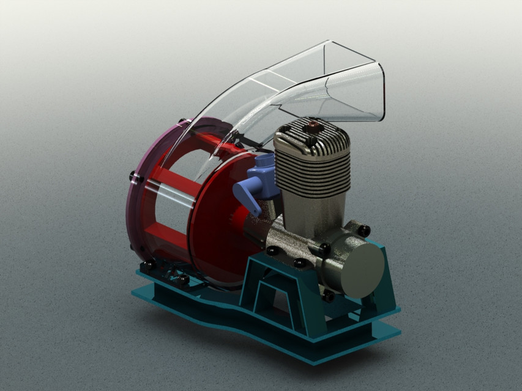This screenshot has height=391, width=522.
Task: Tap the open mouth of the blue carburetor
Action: pos(264,161)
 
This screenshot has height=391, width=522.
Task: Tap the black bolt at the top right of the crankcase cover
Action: pos(365,230)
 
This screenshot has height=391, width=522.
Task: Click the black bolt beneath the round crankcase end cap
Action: pos(329,296)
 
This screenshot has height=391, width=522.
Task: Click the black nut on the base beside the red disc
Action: pos(184,279)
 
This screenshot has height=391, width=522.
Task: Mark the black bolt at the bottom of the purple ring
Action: pos(147,265)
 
